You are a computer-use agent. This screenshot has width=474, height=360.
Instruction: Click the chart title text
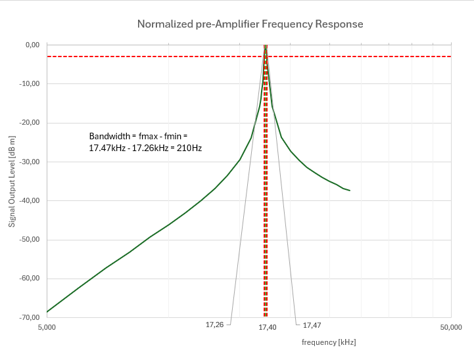tap(250, 24)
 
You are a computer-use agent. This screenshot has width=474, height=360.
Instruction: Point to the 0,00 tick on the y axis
tap(32, 45)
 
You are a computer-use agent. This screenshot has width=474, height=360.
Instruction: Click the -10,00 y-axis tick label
tap(31, 83)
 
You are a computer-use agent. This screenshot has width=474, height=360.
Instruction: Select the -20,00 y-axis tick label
tap(31, 122)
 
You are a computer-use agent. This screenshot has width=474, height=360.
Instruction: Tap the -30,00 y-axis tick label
tap(31, 162)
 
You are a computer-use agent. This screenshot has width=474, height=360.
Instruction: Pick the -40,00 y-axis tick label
tap(31, 200)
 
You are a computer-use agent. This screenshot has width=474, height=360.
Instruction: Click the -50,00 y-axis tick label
tap(31, 239)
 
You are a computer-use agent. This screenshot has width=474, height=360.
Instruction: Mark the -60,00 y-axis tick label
tap(31, 278)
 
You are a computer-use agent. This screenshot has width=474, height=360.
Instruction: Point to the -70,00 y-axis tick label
tap(31, 317)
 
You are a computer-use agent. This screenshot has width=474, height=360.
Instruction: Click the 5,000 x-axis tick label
tap(47, 327)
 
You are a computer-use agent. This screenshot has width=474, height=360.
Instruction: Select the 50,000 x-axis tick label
tap(450, 327)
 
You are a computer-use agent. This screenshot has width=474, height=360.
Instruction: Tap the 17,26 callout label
tap(214, 325)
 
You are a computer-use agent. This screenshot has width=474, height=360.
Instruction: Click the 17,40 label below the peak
tap(267, 327)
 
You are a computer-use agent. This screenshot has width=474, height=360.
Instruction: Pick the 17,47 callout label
tap(312, 325)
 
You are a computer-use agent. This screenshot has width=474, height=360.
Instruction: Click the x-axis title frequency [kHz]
tap(329, 342)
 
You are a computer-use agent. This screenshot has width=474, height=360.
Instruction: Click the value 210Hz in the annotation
tap(189, 148)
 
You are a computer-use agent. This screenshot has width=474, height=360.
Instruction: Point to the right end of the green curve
tap(350, 191)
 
